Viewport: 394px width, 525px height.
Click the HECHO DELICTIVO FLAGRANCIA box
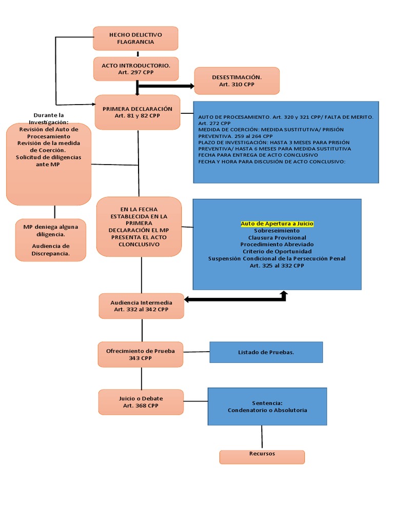pyautogui.click(x=135, y=38)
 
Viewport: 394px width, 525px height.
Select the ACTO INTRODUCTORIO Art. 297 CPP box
pyautogui.click(x=136, y=69)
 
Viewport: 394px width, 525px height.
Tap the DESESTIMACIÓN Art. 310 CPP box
pyautogui.click(x=237, y=80)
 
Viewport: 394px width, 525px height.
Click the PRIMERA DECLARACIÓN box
pyautogui.click(x=137, y=112)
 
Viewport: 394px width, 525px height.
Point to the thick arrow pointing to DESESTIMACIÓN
pyautogui.click(x=167, y=86)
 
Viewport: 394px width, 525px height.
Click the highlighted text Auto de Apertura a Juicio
pyautogui.click(x=277, y=224)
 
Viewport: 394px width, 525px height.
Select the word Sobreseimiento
pyautogui.click(x=277, y=231)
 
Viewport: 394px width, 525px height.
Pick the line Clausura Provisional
pyautogui.click(x=277, y=238)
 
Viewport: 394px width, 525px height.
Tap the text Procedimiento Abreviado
pyautogui.click(x=277, y=245)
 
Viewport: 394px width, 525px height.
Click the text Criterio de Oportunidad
pyautogui.click(x=277, y=252)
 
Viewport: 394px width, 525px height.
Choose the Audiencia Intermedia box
pyautogui.click(x=141, y=306)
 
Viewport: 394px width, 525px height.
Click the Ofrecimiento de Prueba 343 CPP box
pyautogui.click(x=141, y=354)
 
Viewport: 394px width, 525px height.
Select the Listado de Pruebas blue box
pyautogui.click(x=266, y=352)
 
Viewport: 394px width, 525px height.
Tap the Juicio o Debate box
pyautogui.click(x=141, y=402)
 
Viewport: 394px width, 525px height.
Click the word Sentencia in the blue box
pyautogui.click(x=267, y=403)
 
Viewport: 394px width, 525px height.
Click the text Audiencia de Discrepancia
pyautogui.click(x=51, y=250)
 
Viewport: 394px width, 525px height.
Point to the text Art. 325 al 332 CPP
pyautogui.click(x=277, y=266)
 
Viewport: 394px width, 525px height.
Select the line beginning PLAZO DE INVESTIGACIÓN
pyautogui.click(x=273, y=142)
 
